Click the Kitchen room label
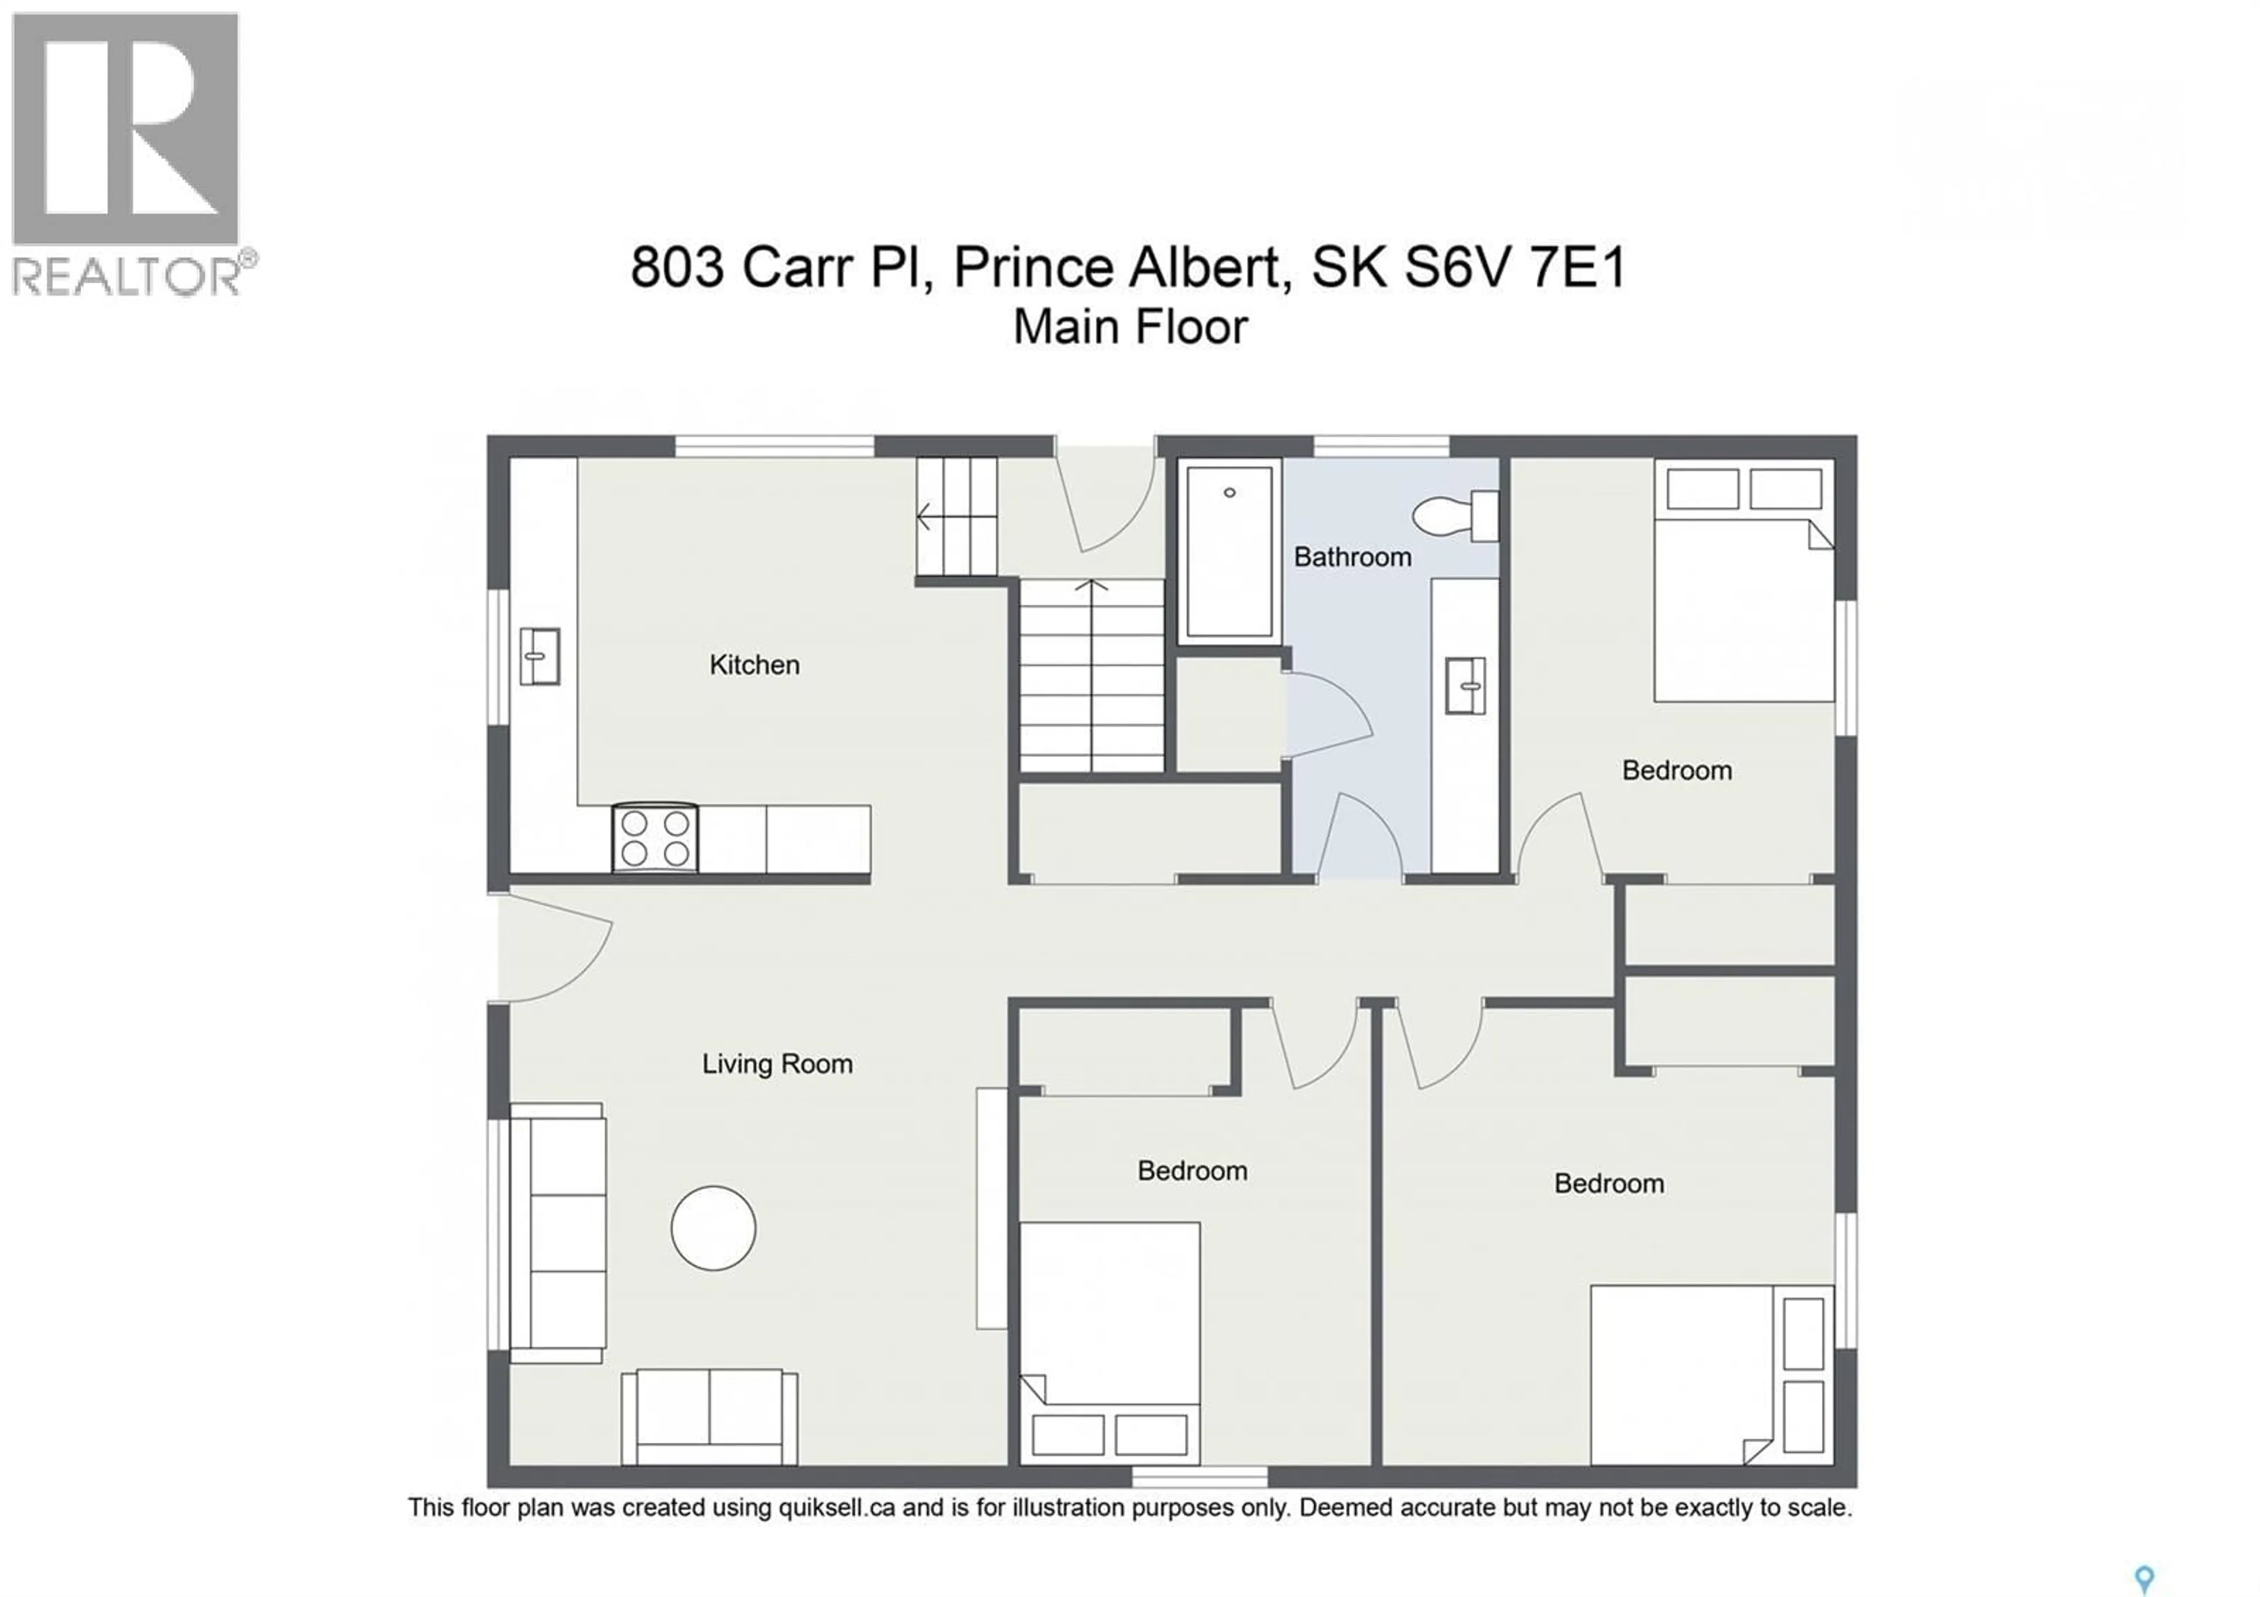(x=754, y=665)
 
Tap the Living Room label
(x=777, y=1064)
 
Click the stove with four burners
(x=654, y=839)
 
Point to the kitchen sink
(x=540, y=656)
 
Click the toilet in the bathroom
(x=1455, y=515)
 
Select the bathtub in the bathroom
(x=1229, y=551)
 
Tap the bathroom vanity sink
(x=1465, y=685)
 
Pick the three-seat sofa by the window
(x=558, y=1232)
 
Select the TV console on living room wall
(x=991, y=1208)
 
